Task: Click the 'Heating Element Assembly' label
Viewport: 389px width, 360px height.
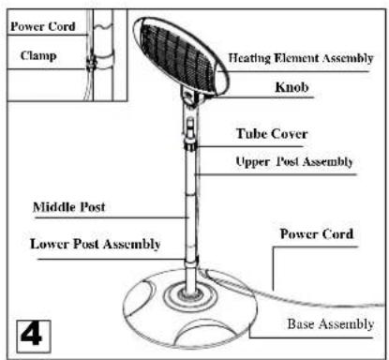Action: pyautogui.click(x=301, y=58)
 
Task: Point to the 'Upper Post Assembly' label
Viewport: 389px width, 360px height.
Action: pyautogui.click(x=292, y=161)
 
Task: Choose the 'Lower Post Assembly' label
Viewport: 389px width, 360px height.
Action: pyautogui.click(x=95, y=244)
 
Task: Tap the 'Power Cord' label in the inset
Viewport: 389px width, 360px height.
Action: pyautogui.click(x=43, y=26)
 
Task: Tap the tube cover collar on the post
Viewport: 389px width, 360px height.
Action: pyautogui.click(x=191, y=142)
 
